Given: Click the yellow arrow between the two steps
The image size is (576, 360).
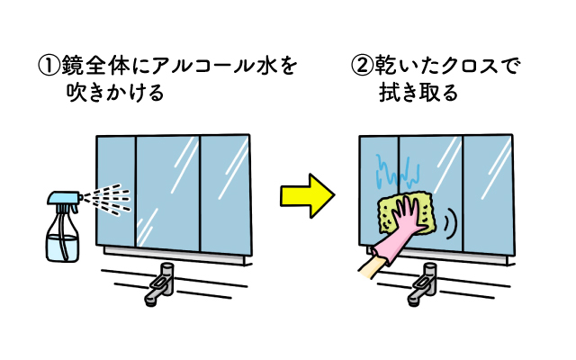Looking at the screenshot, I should tap(307, 194).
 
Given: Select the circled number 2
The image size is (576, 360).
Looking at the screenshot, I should tap(360, 66).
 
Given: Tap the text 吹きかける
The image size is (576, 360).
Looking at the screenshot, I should tap(114, 93).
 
